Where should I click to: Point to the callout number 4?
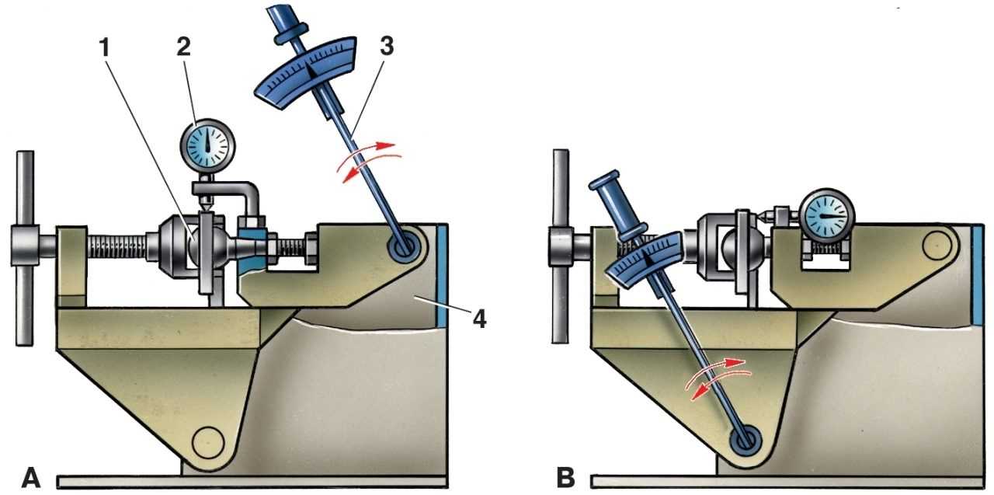(x=481, y=319)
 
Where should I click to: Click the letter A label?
(x=31, y=477)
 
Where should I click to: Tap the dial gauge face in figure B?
(x=828, y=214)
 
